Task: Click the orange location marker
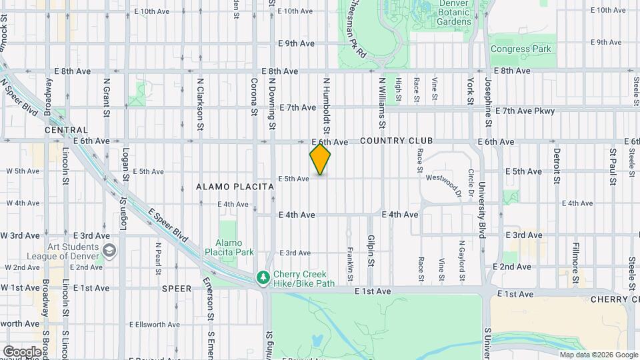click(321, 159)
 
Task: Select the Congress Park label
click(521, 49)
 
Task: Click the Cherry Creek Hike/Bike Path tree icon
click(264, 277)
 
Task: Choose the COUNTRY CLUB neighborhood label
click(397, 141)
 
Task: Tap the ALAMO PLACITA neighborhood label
click(235, 187)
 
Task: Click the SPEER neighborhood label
click(177, 289)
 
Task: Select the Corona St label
click(254, 97)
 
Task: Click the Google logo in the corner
click(22, 351)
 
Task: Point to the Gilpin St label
click(371, 250)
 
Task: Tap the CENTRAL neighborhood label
click(66, 131)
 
